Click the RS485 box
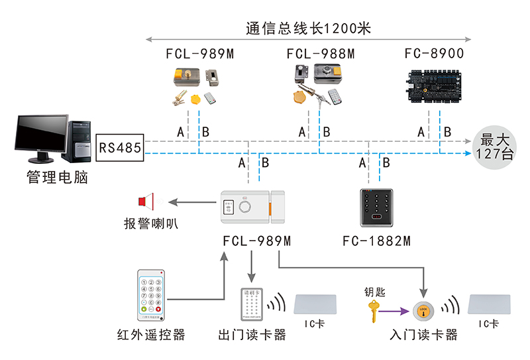[121, 147]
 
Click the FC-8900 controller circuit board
[434, 86]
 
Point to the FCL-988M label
[321, 54]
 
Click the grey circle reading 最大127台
[497, 147]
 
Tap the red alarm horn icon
[146, 200]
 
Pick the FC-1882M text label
[376, 240]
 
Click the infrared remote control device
[150, 292]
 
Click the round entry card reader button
[423, 310]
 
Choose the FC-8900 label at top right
[434, 54]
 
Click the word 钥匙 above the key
[374, 291]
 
